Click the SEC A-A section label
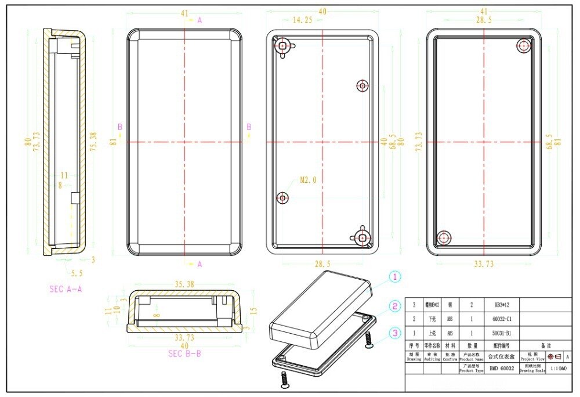coord(66,288)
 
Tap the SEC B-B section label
coord(184,353)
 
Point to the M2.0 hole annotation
coord(308,180)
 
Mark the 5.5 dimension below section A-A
coord(76,272)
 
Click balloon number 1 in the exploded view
coord(395,277)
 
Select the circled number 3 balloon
coord(395,333)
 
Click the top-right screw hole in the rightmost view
coord(524,46)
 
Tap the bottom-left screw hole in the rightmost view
coord(444,237)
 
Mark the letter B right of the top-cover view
coord(249,126)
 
